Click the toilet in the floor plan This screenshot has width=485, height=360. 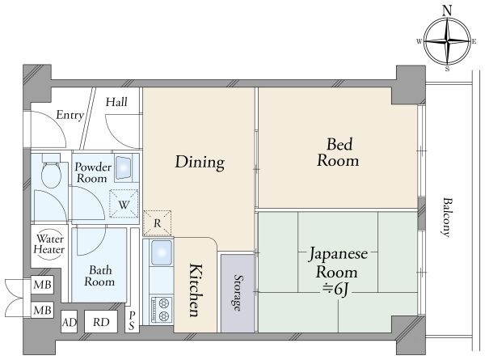click(51, 172)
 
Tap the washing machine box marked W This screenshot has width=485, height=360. click(124, 203)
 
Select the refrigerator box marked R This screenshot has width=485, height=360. click(157, 223)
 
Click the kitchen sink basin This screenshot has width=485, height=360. click(161, 252)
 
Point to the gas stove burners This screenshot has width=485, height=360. click(161, 310)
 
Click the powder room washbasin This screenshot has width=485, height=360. click(124, 168)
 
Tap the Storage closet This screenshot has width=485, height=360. click(238, 293)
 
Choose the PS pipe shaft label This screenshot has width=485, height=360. click(132, 320)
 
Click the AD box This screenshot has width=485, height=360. click(69, 322)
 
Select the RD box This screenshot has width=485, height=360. click(101, 322)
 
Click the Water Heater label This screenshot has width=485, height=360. click(49, 244)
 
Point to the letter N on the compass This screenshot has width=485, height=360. click(447, 11)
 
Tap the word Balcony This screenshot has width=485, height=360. click(445, 218)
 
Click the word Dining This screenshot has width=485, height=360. click(200, 162)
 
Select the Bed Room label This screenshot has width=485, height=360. click(338, 152)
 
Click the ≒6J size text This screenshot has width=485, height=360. click(336, 290)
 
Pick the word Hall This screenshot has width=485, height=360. click(116, 102)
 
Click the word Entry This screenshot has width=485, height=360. click(70, 115)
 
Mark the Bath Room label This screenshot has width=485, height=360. click(99, 276)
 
